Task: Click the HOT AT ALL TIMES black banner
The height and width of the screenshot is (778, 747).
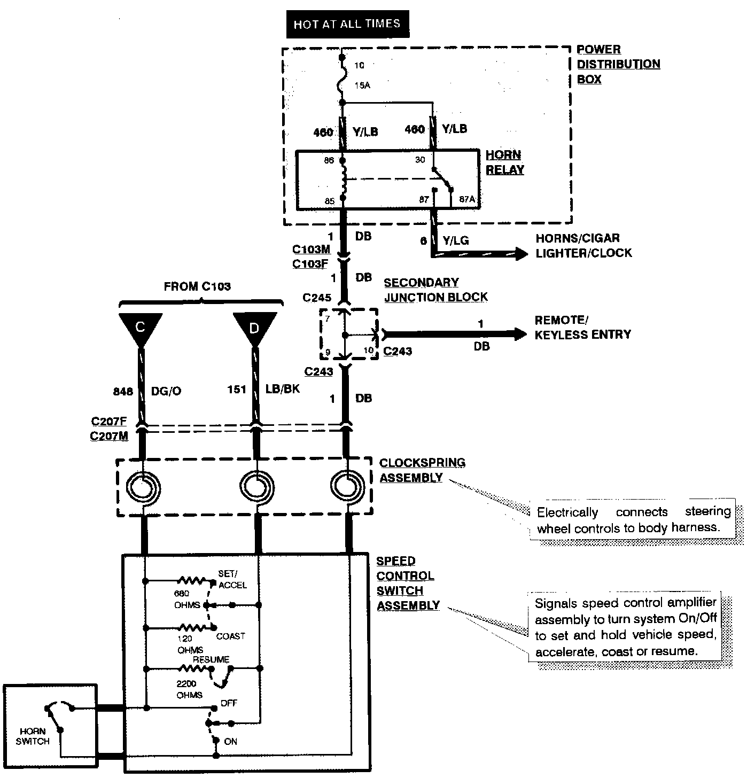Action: click(x=347, y=24)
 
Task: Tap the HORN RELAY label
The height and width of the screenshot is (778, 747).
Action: click(x=504, y=162)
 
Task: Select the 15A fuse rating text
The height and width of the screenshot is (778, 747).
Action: click(x=362, y=85)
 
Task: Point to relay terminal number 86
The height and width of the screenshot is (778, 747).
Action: click(x=329, y=160)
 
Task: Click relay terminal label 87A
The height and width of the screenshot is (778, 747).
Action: click(x=467, y=199)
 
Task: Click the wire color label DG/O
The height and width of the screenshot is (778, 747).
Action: click(x=166, y=391)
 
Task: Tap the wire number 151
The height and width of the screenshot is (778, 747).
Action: click(x=236, y=389)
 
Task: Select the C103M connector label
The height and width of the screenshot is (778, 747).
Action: click(x=311, y=249)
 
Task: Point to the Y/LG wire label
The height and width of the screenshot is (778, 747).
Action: click(x=455, y=240)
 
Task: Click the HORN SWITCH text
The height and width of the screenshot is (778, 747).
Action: click(x=33, y=736)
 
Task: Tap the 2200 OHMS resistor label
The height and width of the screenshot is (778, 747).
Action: click(x=189, y=689)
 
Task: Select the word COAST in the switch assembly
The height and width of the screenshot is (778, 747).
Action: click(x=230, y=636)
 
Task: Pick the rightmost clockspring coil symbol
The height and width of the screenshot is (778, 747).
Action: click(x=347, y=487)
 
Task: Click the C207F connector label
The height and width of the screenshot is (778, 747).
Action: click(x=109, y=421)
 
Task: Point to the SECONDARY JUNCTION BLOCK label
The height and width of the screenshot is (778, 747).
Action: click(x=435, y=290)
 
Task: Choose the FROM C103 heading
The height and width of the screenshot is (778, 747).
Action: click(x=197, y=286)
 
